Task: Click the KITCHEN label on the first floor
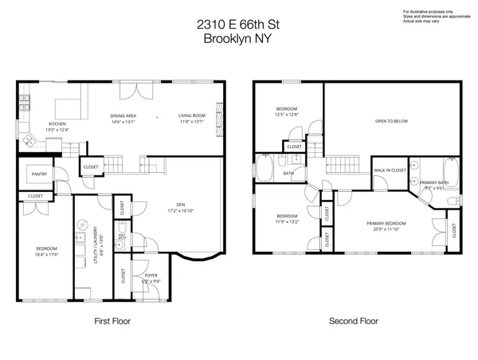[x=57, y=123]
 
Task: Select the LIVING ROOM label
[x=191, y=116]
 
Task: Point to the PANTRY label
[x=38, y=174]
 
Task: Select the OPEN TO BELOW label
[x=391, y=121]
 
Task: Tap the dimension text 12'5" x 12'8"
[x=287, y=115]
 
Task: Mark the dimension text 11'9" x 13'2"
[x=287, y=221]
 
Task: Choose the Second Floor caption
[x=354, y=322]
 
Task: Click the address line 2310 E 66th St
[x=238, y=25]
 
